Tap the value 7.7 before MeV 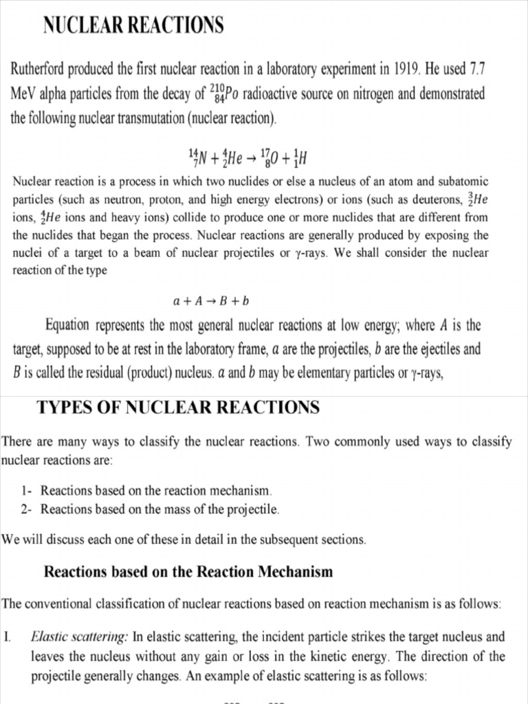[x=476, y=69]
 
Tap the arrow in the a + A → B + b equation [x=214, y=300]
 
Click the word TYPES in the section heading [x=62, y=408]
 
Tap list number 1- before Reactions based [x=27, y=491]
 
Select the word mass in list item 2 [x=186, y=509]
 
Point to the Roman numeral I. [x=8, y=637]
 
